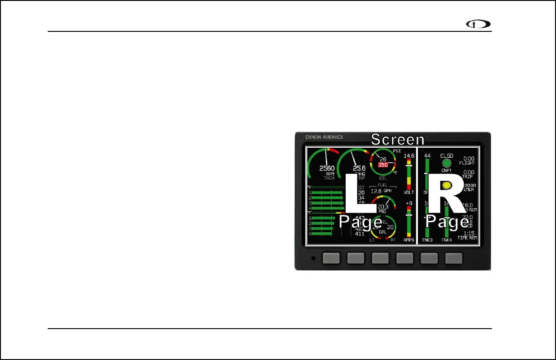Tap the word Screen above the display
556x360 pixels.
[x=397, y=140]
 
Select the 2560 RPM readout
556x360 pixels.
[x=327, y=169]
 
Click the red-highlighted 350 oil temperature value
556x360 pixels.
[x=383, y=165]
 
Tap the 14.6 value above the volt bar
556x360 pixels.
[x=409, y=156]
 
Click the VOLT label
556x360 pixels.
[x=409, y=193]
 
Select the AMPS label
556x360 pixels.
[x=409, y=240]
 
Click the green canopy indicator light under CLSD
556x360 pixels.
[x=447, y=163]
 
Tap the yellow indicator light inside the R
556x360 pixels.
[x=447, y=185]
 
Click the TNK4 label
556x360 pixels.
[x=447, y=240]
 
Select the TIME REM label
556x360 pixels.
[x=467, y=238]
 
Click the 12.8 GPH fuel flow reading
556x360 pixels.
[x=381, y=191]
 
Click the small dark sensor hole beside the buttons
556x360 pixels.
[x=313, y=259]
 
